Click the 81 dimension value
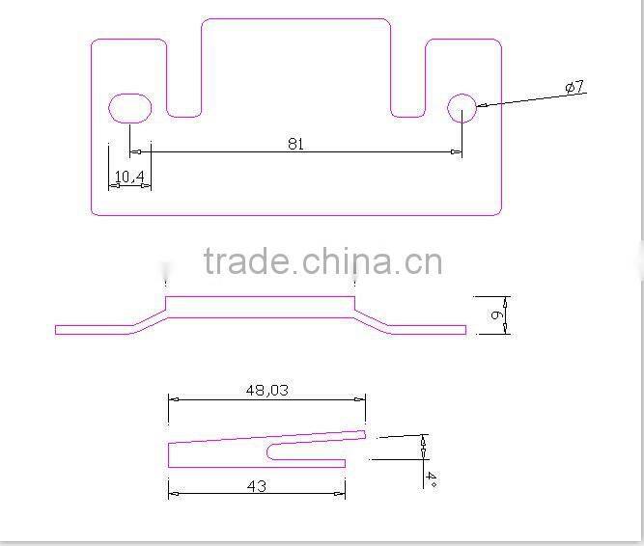pyautogui.click(x=295, y=144)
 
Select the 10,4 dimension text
pyautogui.click(x=129, y=176)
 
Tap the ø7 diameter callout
pyautogui.click(x=574, y=88)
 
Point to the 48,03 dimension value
pyautogui.click(x=267, y=390)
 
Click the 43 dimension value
pyautogui.click(x=256, y=486)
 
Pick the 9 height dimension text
pyautogui.click(x=494, y=314)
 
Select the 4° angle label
pyautogui.click(x=431, y=479)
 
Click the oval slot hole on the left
pyautogui.click(x=130, y=107)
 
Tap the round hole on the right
pyautogui.click(x=462, y=108)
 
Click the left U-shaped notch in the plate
pyautogui.click(x=184, y=82)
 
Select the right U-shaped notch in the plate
pyautogui.click(x=407, y=82)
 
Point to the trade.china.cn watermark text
pyautogui.click(x=322, y=261)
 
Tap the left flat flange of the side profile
pyautogui.click(x=92, y=329)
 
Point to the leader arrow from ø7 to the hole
pyautogui.click(x=517, y=99)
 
